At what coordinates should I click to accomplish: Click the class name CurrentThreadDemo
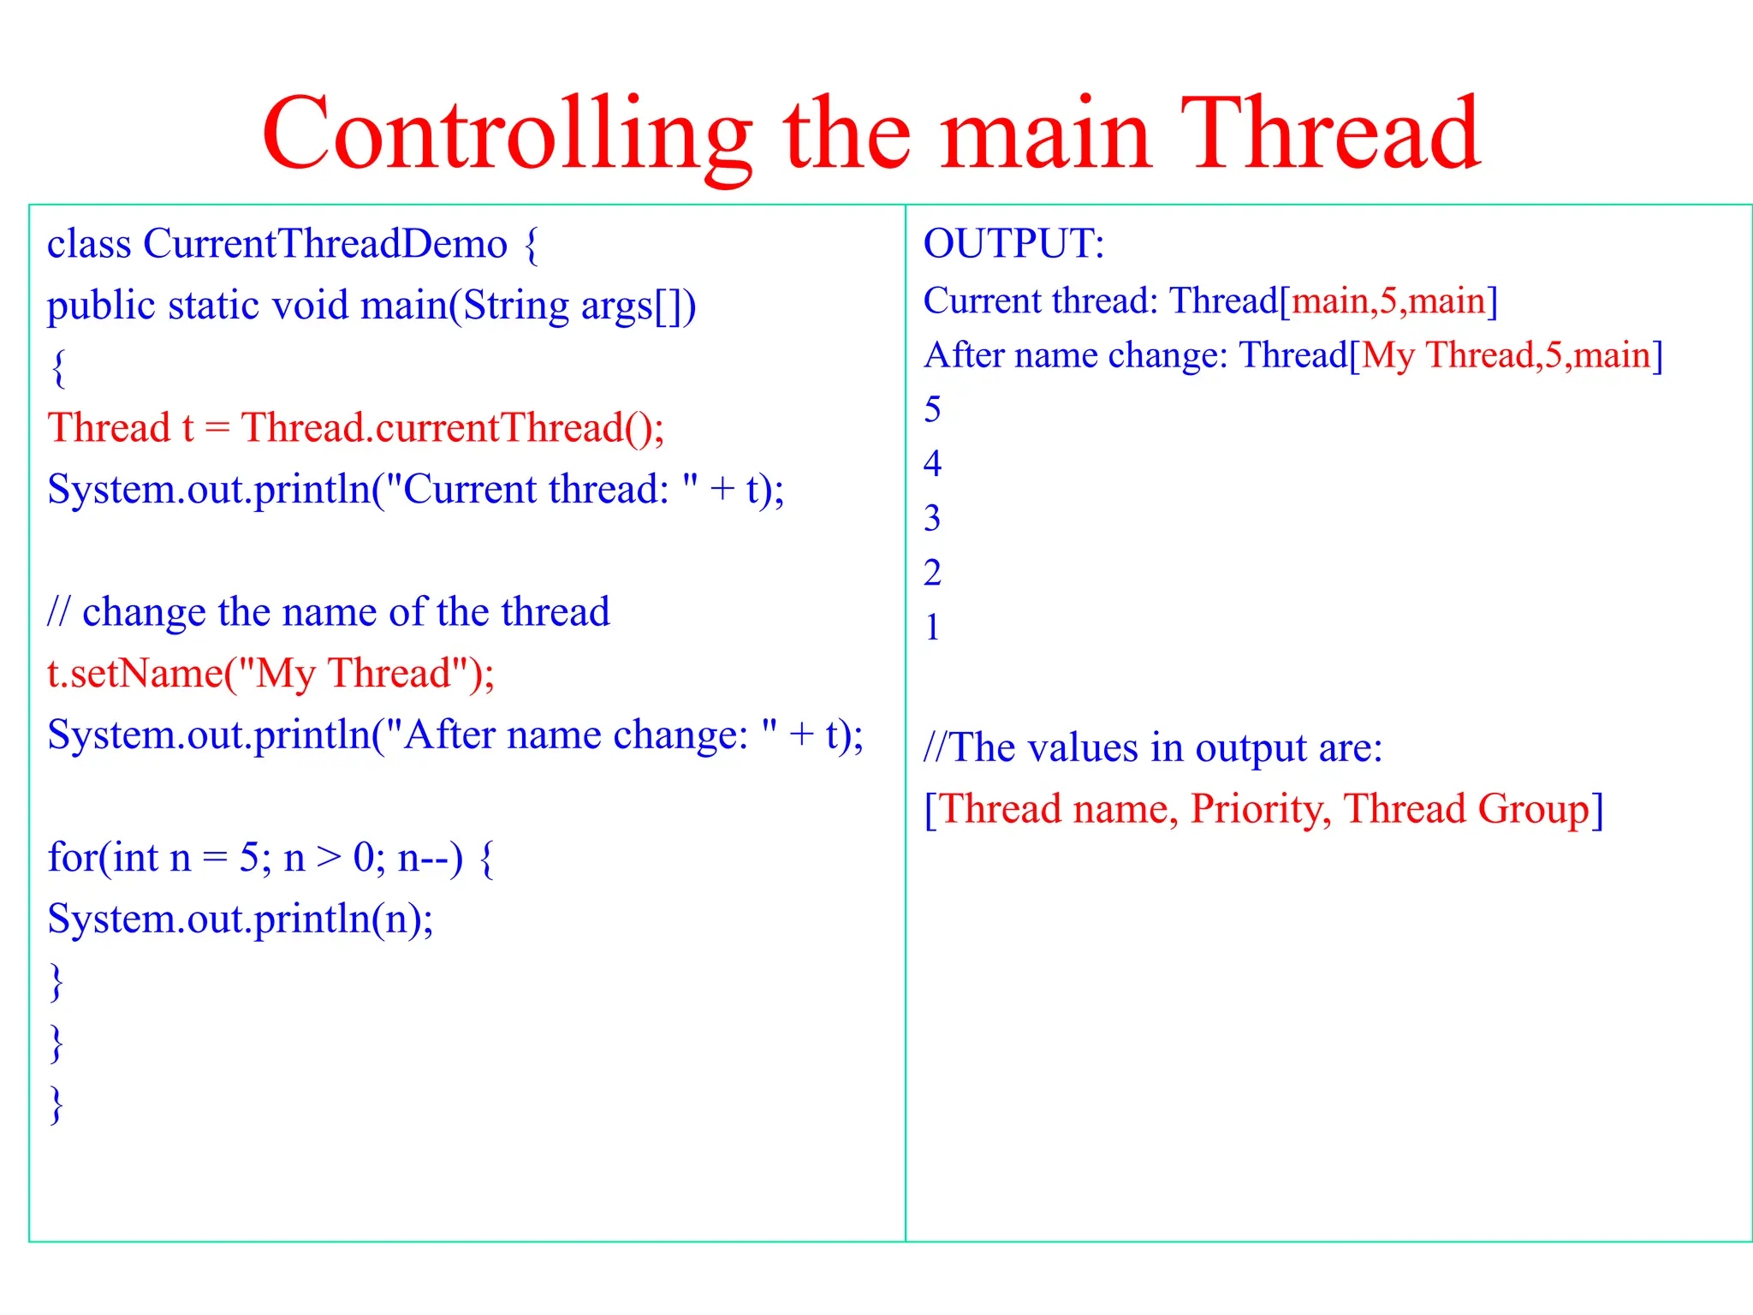tap(325, 244)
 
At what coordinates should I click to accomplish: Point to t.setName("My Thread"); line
tap(270, 674)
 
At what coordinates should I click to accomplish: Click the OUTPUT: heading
tap(1013, 244)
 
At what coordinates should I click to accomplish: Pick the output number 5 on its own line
tap(932, 410)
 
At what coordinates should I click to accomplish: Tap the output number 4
tap(932, 464)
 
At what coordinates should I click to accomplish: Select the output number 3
tap(932, 519)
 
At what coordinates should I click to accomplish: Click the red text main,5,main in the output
tap(1388, 301)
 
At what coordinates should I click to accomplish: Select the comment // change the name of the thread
tap(329, 612)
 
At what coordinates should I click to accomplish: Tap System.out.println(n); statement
tap(240, 919)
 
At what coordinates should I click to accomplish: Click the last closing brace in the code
tap(56, 1104)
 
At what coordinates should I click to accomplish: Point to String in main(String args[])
tap(515, 306)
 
